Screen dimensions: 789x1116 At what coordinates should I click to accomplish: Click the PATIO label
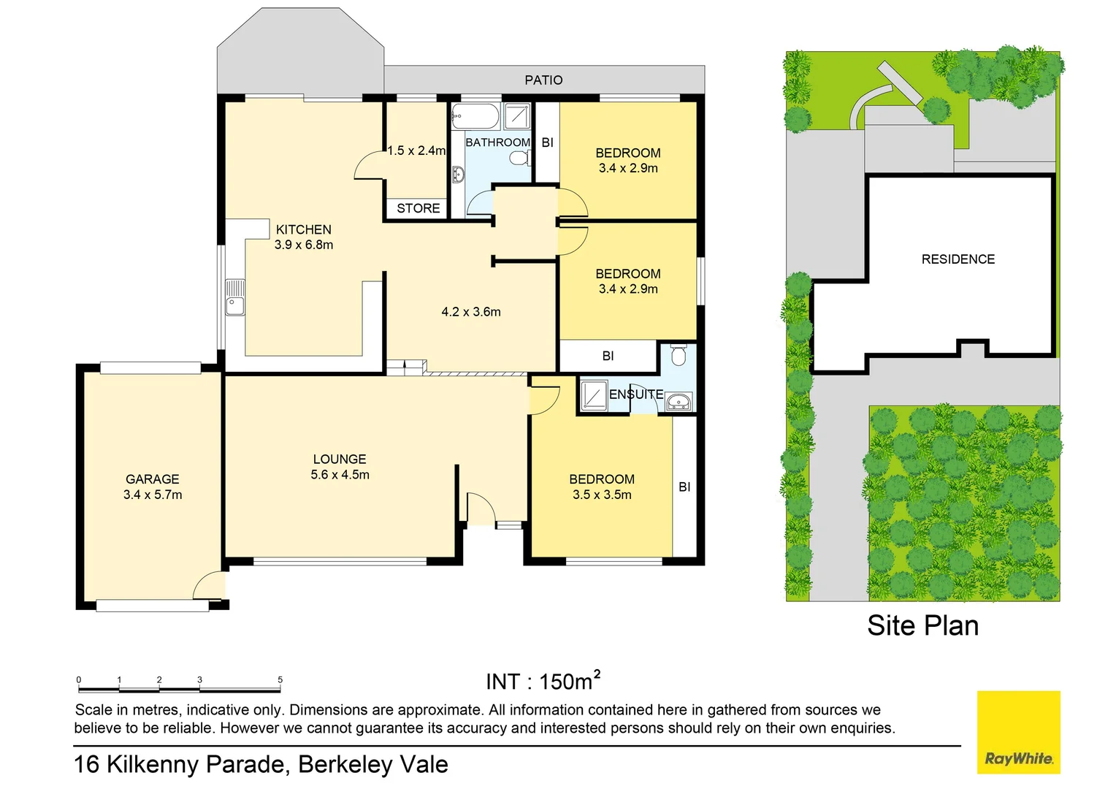tap(543, 80)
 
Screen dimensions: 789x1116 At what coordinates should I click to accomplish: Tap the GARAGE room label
tap(152, 479)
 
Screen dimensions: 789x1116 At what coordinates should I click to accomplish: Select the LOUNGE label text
tap(340, 459)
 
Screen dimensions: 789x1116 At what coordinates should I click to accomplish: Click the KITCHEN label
tap(303, 229)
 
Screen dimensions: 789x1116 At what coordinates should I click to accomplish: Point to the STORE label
tap(418, 208)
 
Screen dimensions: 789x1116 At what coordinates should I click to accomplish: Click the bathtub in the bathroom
tap(475, 115)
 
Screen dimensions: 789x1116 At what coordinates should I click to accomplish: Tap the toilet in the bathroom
tap(519, 158)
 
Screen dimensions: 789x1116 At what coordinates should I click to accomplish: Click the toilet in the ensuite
tap(679, 355)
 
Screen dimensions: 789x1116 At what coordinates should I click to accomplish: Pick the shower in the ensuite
tap(592, 395)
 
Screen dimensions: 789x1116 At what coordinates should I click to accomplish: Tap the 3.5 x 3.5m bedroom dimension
tap(602, 495)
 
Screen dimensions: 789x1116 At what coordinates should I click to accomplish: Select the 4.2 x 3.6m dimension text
tap(471, 312)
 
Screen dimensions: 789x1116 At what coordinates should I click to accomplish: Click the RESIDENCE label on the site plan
tap(958, 259)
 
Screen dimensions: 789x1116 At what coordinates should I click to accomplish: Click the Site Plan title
tap(922, 625)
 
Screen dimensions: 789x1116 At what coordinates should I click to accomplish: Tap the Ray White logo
tap(1018, 732)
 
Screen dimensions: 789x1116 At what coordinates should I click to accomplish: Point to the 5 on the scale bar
tap(280, 679)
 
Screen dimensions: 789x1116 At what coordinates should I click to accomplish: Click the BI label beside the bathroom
tap(547, 142)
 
